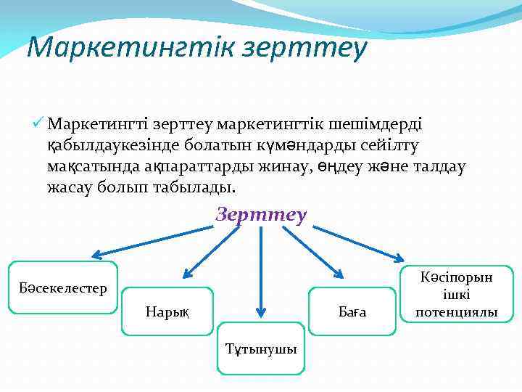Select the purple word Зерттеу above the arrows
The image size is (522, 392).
[x=261, y=216]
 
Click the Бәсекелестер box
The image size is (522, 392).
[x=62, y=288]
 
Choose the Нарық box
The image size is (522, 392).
[x=167, y=311]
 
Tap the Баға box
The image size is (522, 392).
[x=353, y=311]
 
